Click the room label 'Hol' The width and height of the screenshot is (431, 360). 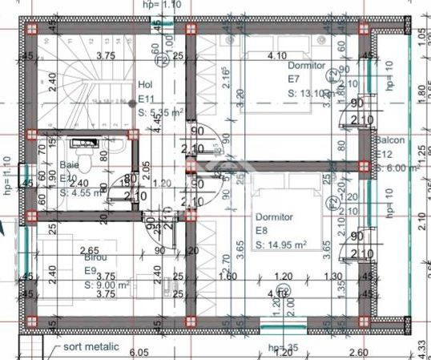tap(145, 84)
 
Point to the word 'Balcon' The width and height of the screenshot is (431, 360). tap(392, 140)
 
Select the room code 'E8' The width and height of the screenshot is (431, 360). tap(261, 231)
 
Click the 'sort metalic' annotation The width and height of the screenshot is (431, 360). tap(92, 347)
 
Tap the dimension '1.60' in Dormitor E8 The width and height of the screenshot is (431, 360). tap(227, 277)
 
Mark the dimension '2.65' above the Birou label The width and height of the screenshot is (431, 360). tap(90, 250)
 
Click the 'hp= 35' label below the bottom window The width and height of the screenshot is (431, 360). tap(283, 348)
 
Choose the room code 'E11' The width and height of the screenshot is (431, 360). tap(147, 98)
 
